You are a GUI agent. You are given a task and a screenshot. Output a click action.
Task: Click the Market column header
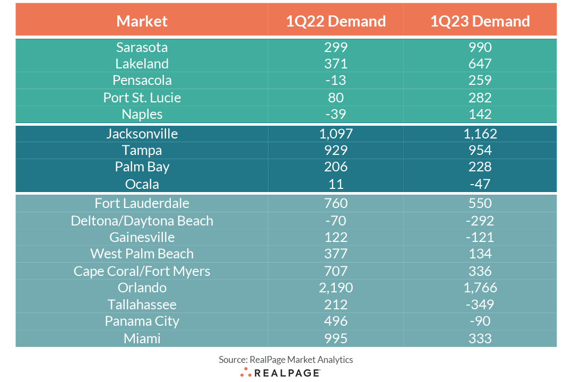pos(142,21)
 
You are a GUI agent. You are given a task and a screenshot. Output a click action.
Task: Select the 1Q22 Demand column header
pos(335,21)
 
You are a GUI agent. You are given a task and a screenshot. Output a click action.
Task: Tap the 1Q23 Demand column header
pos(480,21)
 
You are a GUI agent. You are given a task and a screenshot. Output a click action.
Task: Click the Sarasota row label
pos(142,47)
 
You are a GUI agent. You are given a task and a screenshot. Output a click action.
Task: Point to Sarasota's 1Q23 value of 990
pos(480,47)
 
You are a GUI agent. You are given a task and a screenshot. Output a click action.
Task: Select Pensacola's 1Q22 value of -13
pos(335,81)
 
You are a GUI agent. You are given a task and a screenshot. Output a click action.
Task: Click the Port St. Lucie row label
pos(142,98)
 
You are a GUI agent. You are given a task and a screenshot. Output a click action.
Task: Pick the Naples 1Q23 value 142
pos(480,115)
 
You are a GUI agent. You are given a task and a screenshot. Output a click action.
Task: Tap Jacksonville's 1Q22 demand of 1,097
pos(335,134)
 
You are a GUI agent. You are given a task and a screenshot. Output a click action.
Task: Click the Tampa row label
pos(142,150)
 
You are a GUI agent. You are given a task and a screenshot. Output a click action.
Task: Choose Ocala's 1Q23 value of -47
pos(480,184)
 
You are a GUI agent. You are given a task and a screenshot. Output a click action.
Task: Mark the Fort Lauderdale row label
pos(142,203)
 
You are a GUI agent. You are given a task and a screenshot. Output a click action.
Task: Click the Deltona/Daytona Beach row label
pos(142,221)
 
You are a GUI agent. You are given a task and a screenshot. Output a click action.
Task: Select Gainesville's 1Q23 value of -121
pos(480,237)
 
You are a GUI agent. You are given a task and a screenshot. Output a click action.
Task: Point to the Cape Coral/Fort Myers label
pos(142,271)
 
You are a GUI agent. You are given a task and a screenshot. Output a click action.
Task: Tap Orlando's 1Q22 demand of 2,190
pos(335,288)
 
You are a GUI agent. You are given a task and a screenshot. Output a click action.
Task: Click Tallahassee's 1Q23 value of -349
pos(480,305)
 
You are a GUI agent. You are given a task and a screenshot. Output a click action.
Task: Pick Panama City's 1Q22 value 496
pos(335,322)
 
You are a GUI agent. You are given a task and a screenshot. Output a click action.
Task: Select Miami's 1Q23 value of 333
pos(480,338)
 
